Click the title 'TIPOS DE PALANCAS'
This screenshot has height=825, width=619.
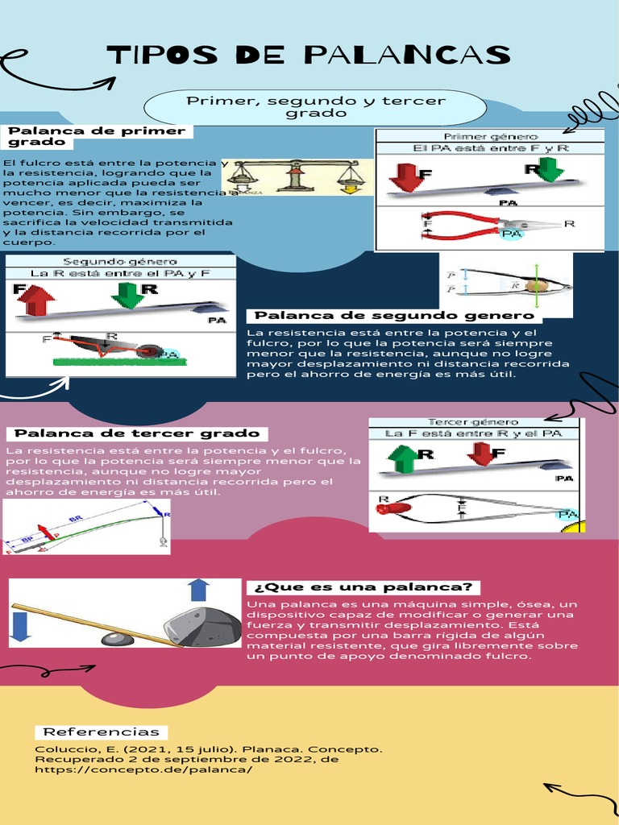(309, 56)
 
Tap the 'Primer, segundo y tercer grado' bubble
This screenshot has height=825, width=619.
(316, 107)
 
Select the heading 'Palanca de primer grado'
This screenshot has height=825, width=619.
(96, 136)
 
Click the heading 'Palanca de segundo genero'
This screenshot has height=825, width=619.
(394, 315)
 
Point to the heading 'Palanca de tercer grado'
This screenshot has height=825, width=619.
(137, 433)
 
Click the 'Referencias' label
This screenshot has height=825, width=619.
(101, 732)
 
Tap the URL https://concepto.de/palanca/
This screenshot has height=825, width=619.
(143, 769)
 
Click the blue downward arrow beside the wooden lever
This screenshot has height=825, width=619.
(21, 625)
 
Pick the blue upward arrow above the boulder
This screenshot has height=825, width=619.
(198, 590)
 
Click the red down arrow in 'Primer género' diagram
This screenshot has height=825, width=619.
(405, 176)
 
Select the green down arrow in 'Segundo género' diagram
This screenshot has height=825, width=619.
(127, 295)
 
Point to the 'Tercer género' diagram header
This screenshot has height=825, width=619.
(473, 422)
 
